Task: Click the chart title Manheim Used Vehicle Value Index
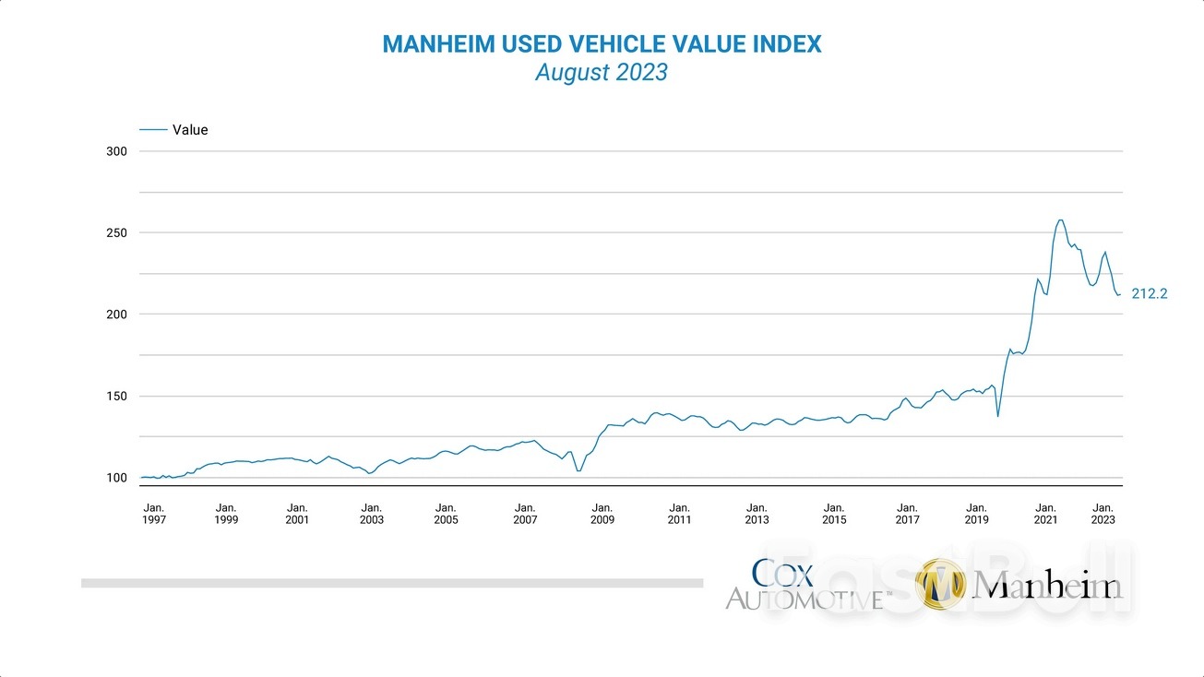click(602, 44)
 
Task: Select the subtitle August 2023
click(602, 73)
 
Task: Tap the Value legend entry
click(189, 130)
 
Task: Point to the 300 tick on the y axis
click(117, 151)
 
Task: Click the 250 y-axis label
click(117, 232)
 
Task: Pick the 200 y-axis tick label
click(117, 315)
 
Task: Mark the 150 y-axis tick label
click(117, 397)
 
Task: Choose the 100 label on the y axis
click(117, 478)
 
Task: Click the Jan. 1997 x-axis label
click(154, 514)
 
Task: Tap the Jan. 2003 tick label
click(371, 514)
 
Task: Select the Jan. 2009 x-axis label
click(602, 514)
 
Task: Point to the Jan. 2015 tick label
click(833, 514)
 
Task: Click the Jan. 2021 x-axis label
click(1045, 514)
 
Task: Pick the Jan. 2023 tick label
click(1103, 514)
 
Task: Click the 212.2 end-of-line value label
click(1150, 294)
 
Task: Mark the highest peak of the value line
click(1060, 220)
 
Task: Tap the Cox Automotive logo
click(807, 585)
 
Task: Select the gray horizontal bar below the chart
click(392, 583)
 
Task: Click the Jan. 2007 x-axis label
click(525, 514)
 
